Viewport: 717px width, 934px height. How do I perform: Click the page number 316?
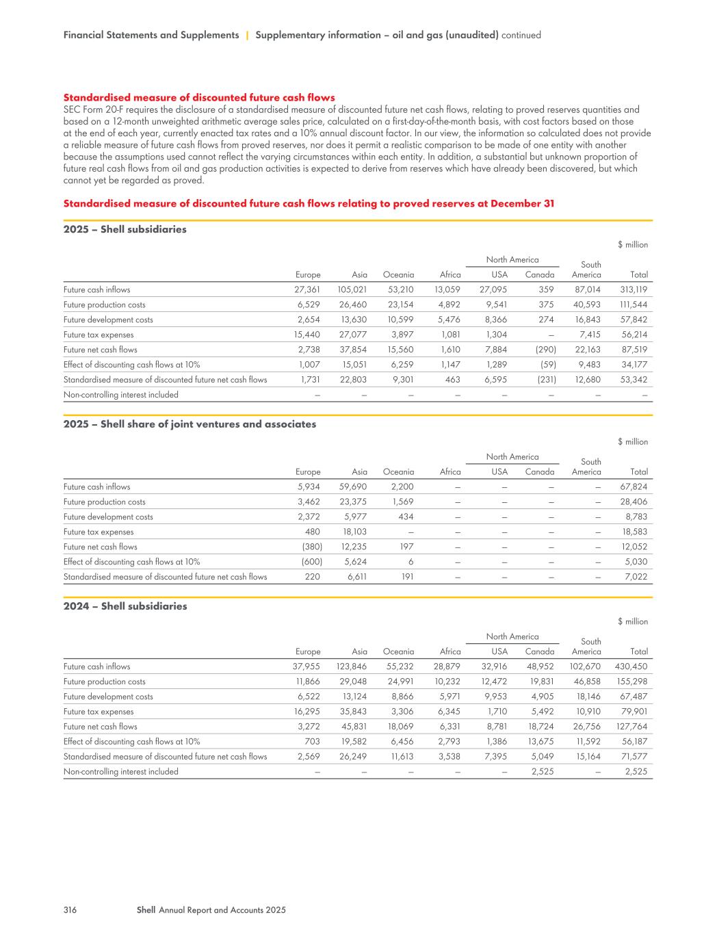(x=69, y=910)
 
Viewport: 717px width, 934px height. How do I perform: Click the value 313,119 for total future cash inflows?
(x=633, y=289)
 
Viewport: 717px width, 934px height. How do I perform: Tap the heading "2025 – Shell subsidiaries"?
(x=125, y=229)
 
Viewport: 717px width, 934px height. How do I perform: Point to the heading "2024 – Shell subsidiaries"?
(x=125, y=606)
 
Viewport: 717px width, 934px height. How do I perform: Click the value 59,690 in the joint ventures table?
(x=353, y=487)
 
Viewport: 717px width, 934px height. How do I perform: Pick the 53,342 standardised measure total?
(x=633, y=380)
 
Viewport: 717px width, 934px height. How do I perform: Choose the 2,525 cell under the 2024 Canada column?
(x=543, y=772)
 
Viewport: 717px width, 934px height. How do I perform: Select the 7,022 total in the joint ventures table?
(x=636, y=577)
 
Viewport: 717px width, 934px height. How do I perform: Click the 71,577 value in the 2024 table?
(x=634, y=757)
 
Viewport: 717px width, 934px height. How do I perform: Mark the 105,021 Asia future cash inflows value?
(x=352, y=289)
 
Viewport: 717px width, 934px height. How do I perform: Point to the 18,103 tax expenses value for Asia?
(x=354, y=532)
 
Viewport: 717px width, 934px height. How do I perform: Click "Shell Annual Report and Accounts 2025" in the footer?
(x=211, y=910)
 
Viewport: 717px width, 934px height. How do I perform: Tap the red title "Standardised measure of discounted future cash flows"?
(x=199, y=98)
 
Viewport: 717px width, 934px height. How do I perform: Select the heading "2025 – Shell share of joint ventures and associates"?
(x=190, y=424)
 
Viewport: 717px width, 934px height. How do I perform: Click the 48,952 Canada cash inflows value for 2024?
(x=540, y=666)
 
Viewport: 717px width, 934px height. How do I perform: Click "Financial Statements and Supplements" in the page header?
(x=151, y=35)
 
